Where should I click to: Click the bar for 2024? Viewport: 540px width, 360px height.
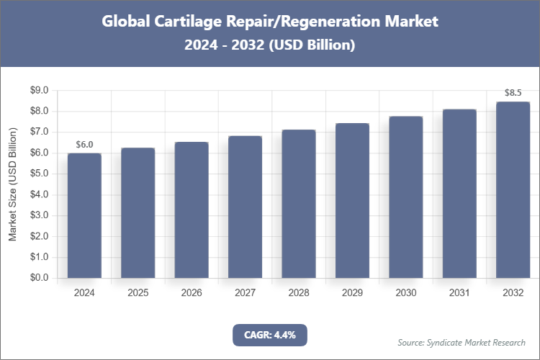click(84, 215)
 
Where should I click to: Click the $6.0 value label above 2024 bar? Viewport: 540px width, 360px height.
click(84, 145)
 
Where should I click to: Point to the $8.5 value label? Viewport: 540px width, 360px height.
click(513, 93)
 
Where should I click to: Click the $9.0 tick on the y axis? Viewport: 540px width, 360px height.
click(38, 91)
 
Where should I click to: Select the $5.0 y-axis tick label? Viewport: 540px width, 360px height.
click(38, 174)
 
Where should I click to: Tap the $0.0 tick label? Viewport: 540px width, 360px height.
click(38, 278)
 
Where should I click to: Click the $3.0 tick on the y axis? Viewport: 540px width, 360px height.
click(38, 215)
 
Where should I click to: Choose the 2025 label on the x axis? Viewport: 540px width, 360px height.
click(138, 293)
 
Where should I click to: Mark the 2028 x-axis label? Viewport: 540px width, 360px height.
click(299, 293)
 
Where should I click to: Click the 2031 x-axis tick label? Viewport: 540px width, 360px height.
click(459, 293)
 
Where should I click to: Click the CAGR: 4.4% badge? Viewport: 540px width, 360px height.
click(270, 335)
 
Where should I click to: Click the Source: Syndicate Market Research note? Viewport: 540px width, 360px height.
click(462, 342)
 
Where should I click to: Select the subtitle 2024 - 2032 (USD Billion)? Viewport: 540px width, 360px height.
click(270, 45)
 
